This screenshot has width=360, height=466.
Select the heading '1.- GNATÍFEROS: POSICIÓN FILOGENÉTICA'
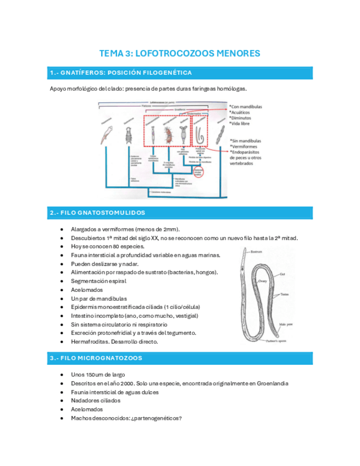tap(120, 73)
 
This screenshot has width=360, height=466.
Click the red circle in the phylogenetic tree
tap(197, 174)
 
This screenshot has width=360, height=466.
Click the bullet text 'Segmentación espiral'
tap(98, 281)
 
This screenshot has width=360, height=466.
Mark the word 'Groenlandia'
tap(268, 383)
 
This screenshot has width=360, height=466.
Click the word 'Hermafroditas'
tap(90, 342)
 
